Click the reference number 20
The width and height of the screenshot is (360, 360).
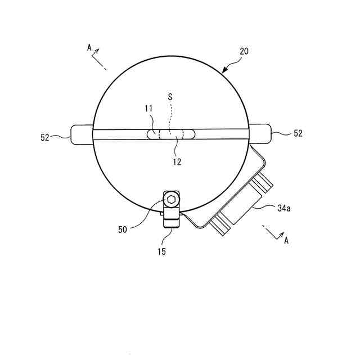tap(244, 51)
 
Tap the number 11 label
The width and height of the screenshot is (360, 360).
tap(148, 109)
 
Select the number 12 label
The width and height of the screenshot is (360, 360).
tap(177, 162)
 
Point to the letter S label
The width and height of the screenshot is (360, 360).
tap(170, 97)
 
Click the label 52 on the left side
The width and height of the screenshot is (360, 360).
tap(45, 137)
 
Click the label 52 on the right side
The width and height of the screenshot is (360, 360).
tap(298, 133)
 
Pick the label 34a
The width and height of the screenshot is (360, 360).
tap(283, 208)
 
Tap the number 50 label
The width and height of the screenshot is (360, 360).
tap(123, 229)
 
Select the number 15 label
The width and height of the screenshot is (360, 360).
tap(161, 252)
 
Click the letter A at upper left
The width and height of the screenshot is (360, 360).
tap(89, 48)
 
